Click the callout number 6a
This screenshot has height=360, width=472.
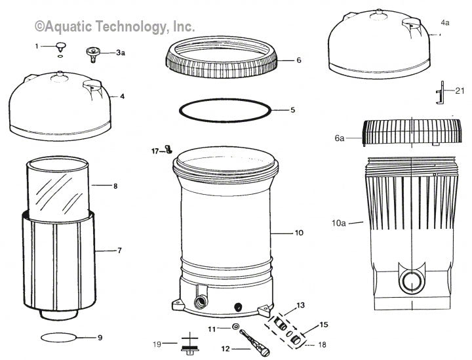339,138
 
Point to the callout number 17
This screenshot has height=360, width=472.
155,151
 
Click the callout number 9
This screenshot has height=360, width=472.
100,338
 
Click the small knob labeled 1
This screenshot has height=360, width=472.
61,45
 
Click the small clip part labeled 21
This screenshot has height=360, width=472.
442,92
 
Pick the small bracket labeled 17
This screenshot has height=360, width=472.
168,151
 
